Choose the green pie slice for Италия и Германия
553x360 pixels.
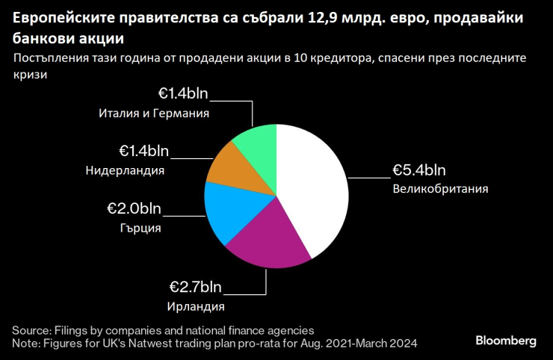coord(259,142)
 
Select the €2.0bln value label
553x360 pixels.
coord(134,209)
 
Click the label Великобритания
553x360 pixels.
coord(440,189)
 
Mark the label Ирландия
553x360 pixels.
coord(197,305)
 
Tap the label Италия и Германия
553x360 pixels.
coord(153,114)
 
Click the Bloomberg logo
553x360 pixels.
coord(506,341)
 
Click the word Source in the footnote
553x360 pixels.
coord(30,329)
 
